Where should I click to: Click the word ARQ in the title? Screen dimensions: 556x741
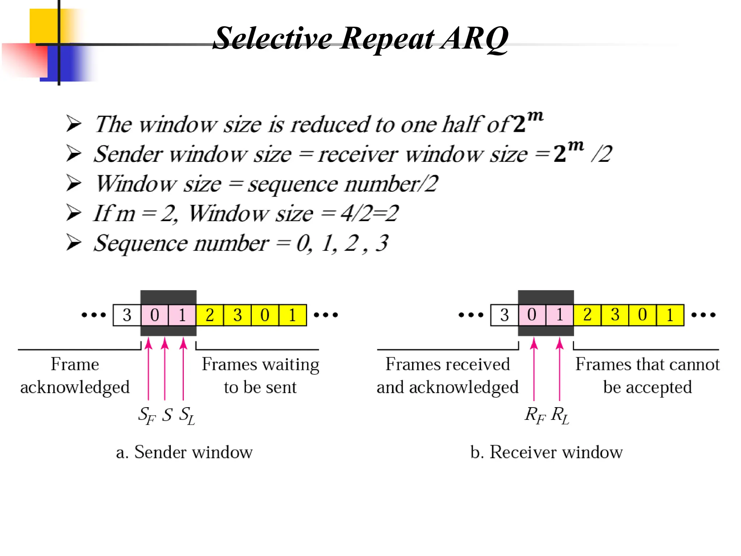pyautogui.click(x=475, y=38)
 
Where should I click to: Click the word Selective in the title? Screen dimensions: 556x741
pyautogui.click(x=272, y=38)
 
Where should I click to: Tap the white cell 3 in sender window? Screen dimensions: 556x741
pyautogui.click(x=127, y=315)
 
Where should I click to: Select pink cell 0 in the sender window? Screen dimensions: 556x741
pyautogui.click(x=154, y=315)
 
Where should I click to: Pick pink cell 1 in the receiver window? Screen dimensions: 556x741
pyautogui.click(x=559, y=315)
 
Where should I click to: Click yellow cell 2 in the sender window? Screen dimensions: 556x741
pyautogui.click(x=209, y=315)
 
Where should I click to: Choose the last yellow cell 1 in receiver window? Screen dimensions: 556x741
pyautogui.click(x=670, y=315)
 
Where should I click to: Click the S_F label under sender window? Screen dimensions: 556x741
pyautogui.click(x=147, y=415)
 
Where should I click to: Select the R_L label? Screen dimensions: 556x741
pyautogui.click(x=560, y=415)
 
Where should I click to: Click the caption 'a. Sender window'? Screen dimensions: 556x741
pyautogui.click(x=184, y=452)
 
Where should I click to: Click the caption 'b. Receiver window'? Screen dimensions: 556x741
pyautogui.click(x=546, y=452)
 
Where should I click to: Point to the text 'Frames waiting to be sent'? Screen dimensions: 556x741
pyautogui.click(x=260, y=375)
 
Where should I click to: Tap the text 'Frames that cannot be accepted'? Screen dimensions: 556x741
pyautogui.click(x=647, y=375)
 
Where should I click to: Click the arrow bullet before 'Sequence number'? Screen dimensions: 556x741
pyautogui.click(x=74, y=243)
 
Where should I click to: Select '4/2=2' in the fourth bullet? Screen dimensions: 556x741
pyautogui.click(x=369, y=213)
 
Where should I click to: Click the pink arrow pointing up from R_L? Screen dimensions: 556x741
pyautogui.click(x=559, y=369)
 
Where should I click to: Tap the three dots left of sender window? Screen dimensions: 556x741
pyautogui.click(x=94, y=315)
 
